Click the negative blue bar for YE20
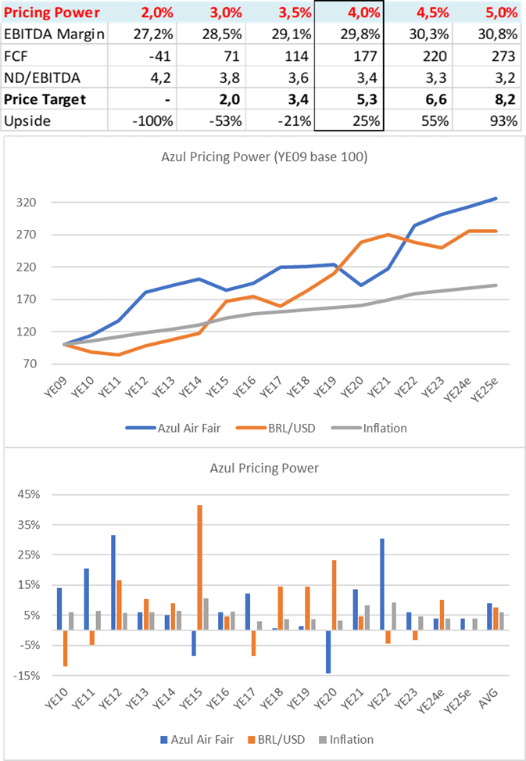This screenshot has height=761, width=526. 328,651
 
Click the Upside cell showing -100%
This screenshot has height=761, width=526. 157,121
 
